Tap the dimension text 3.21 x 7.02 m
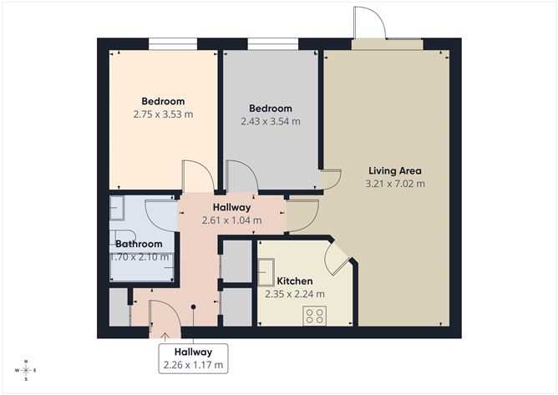(x=395, y=184)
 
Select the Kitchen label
(x=295, y=281)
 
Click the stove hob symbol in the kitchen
(x=316, y=315)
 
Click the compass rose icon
(x=27, y=369)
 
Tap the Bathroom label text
(x=139, y=244)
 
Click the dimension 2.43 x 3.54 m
(x=270, y=121)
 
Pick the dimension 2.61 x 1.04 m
(x=231, y=220)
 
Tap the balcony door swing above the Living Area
(x=368, y=23)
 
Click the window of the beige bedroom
(x=173, y=43)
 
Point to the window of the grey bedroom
(x=273, y=43)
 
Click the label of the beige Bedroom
(x=163, y=101)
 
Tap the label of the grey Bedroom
(x=271, y=109)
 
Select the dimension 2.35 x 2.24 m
(x=295, y=294)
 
